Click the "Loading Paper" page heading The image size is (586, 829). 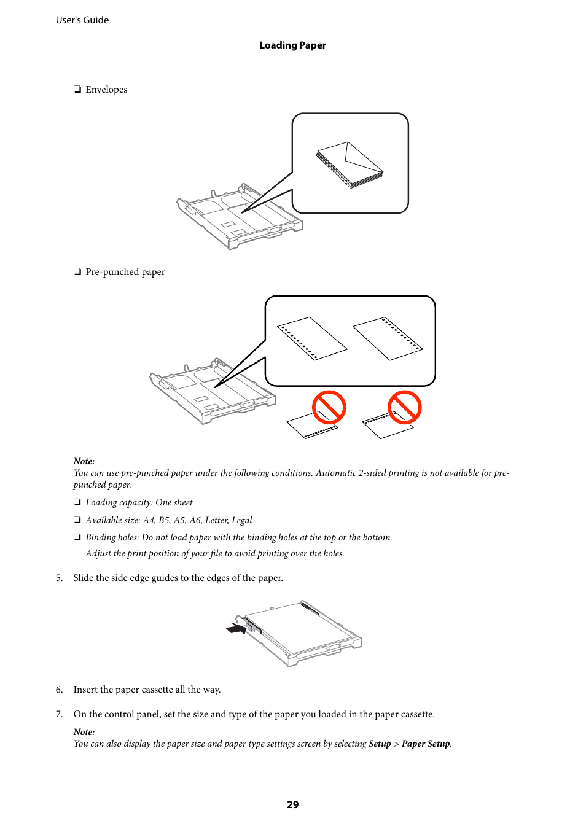tap(292, 45)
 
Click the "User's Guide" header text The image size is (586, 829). tap(82, 20)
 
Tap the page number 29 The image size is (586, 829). tap(292, 804)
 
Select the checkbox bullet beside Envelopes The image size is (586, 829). tap(77, 90)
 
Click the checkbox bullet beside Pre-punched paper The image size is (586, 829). tap(77, 272)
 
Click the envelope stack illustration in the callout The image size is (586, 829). tap(350, 165)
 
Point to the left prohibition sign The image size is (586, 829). tap(329, 408)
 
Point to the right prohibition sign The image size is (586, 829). tap(404, 408)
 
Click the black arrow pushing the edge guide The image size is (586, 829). tap(236, 629)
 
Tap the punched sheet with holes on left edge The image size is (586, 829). tap(312, 338)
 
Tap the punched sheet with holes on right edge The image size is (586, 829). tap(388, 338)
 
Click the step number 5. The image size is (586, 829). tap(59, 578)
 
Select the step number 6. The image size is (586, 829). tap(59, 690)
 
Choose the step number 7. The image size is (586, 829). tap(59, 714)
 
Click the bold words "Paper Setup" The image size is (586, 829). tap(426, 744)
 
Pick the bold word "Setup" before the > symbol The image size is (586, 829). tap(380, 744)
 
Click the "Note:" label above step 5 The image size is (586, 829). tap(84, 461)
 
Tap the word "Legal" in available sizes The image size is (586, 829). tap(241, 520)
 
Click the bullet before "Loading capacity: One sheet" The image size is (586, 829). tap(77, 502)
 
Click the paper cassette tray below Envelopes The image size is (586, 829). tap(236, 218)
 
